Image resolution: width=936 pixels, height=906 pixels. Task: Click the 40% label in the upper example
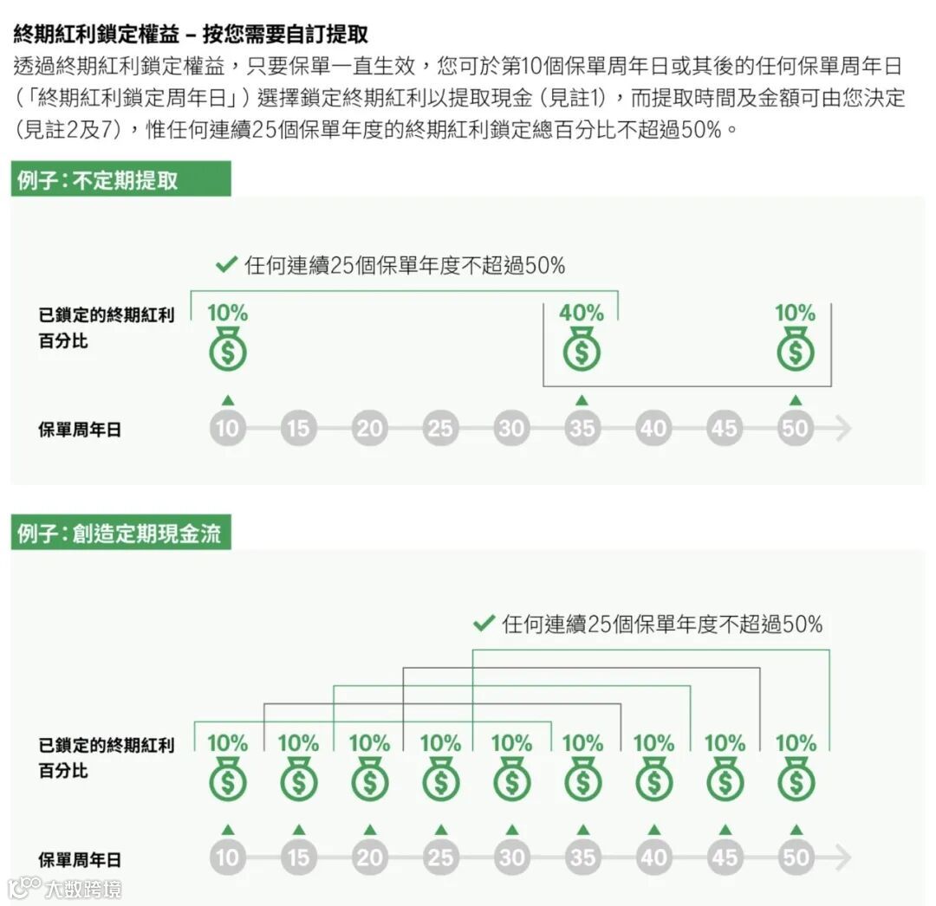click(x=582, y=313)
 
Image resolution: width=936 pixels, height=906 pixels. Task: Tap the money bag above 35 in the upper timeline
click(x=582, y=352)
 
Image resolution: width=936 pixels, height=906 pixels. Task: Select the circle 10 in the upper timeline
click(x=227, y=428)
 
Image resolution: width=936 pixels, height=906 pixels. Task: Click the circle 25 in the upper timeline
click(x=440, y=428)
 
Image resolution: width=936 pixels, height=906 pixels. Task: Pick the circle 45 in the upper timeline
click(x=724, y=428)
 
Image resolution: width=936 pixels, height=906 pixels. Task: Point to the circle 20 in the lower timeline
click(x=369, y=857)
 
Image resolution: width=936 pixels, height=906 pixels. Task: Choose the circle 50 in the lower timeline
click(x=795, y=857)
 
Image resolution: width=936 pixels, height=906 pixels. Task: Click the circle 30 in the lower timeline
click(x=511, y=857)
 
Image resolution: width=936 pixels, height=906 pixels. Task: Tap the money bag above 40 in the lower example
click(x=653, y=781)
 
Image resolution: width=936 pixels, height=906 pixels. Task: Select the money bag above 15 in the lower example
click(x=298, y=781)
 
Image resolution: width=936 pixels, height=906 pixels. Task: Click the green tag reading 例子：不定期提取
click(x=120, y=180)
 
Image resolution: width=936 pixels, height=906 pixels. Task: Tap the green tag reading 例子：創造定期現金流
click(x=120, y=534)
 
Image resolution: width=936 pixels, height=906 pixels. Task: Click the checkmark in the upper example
click(x=226, y=264)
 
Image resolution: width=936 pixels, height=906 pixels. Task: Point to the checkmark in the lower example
click(x=483, y=623)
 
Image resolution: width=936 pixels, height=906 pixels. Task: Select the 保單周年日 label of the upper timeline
click(x=80, y=429)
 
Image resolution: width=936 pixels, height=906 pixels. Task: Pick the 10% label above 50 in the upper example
click(x=795, y=313)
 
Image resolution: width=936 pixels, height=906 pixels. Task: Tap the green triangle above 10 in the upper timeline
click(x=227, y=399)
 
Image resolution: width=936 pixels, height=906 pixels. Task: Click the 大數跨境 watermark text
click(x=84, y=889)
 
